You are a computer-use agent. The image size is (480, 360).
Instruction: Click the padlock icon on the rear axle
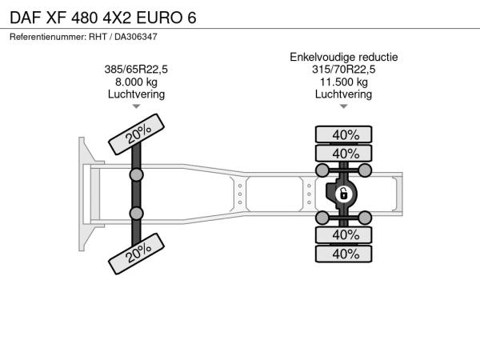pyautogui.click(x=344, y=194)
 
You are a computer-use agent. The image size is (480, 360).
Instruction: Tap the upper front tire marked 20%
pyautogui.click(x=137, y=134)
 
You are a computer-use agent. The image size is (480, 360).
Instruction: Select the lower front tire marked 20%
pyautogui.click(x=137, y=254)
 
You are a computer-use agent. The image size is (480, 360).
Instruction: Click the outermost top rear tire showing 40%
pyautogui.click(x=344, y=134)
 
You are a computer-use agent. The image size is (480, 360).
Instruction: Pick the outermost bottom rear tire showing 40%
pyautogui.click(x=344, y=254)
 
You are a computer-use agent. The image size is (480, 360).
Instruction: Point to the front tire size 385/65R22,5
pyautogui.click(x=136, y=70)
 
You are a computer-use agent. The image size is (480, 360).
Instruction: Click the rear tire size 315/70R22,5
pyautogui.click(x=344, y=70)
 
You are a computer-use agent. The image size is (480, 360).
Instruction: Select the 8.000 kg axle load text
pyautogui.click(x=136, y=82)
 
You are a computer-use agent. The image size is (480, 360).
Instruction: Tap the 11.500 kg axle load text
pyautogui.click(x=344, y=82)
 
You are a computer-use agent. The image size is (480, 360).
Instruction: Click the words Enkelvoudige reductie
pyautogui.click(x=344, y=58)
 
